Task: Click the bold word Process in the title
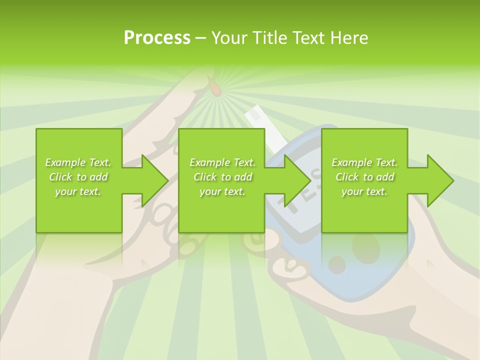157,38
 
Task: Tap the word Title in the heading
270,38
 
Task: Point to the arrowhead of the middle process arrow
297,180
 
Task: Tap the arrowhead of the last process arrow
440,180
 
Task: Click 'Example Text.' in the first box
78,162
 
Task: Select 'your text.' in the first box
78,191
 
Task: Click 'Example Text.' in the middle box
222,162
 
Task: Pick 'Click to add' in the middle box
222,177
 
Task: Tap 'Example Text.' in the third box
364,162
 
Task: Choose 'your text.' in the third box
364,191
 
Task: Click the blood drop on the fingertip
214,88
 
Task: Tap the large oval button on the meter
365,246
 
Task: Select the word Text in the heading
306,38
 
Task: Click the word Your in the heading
229,38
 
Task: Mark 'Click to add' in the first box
78,177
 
